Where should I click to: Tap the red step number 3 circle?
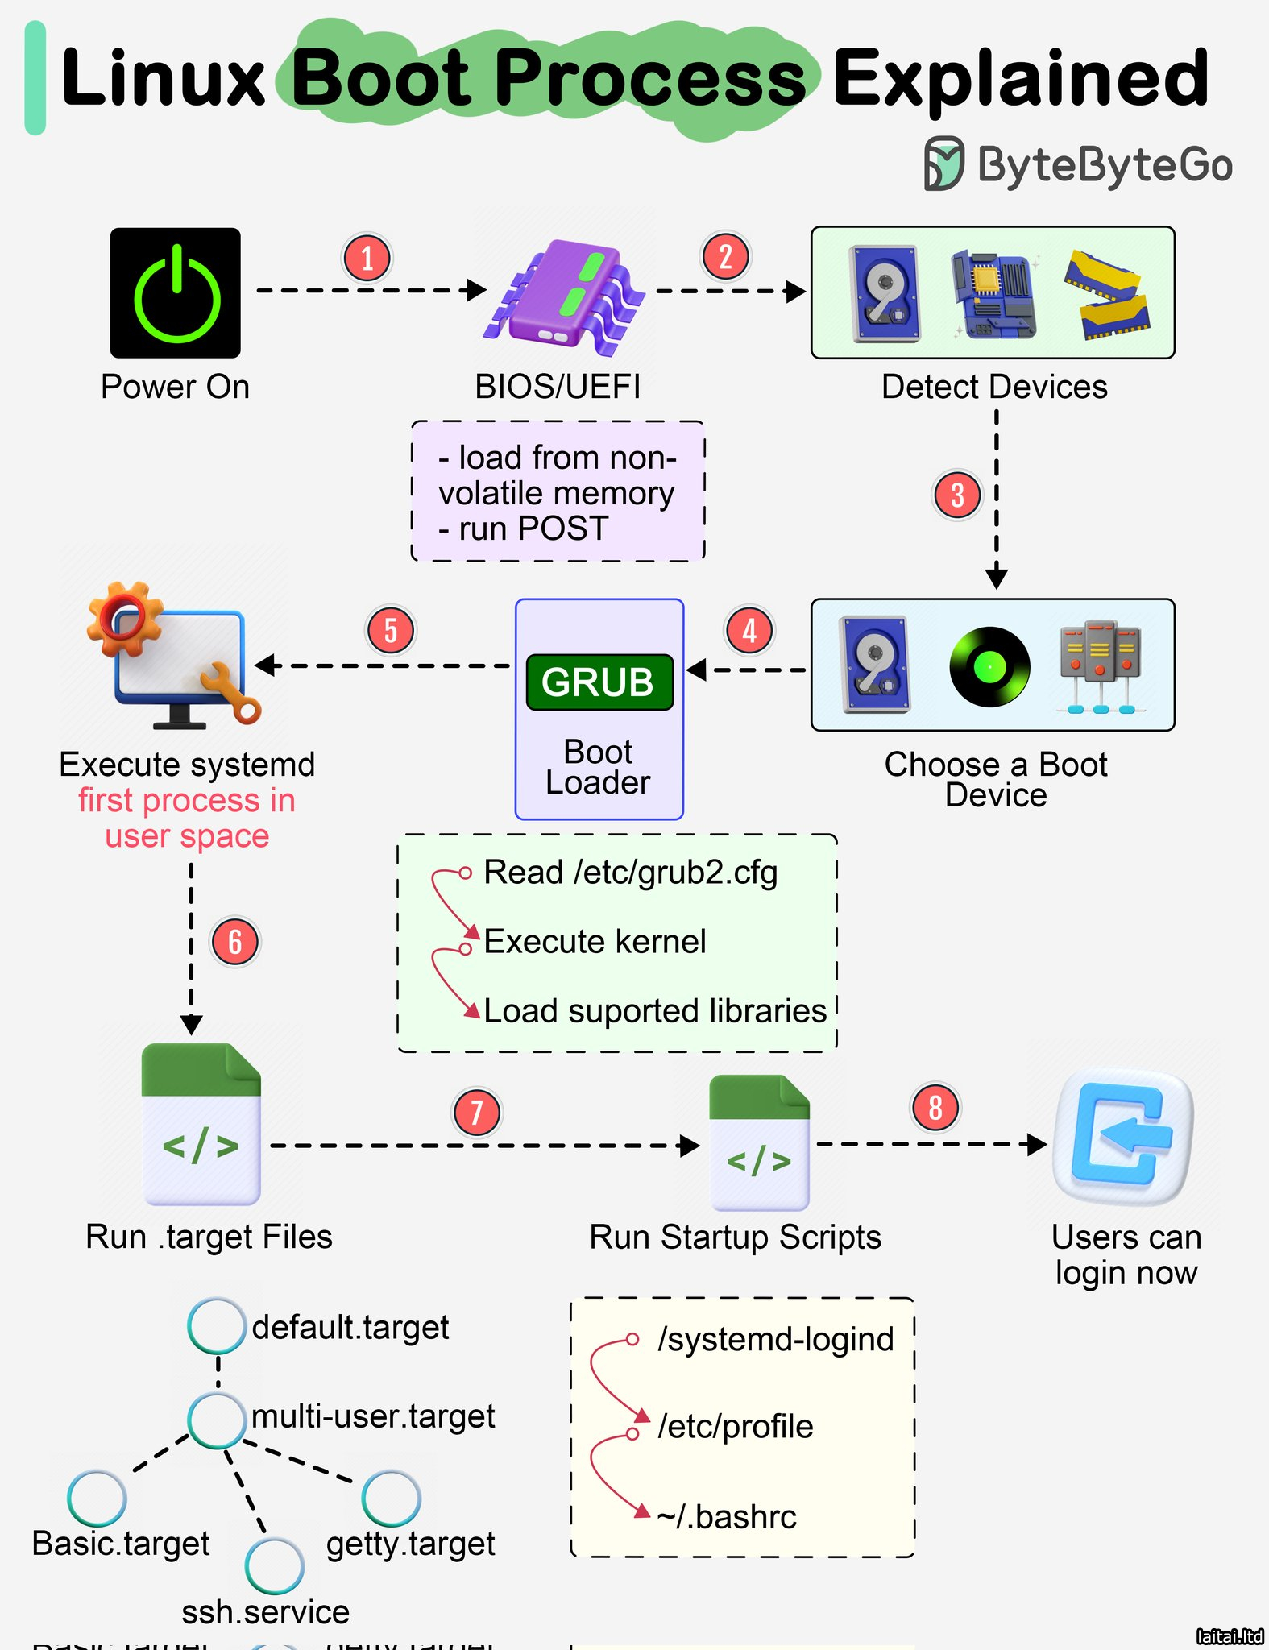(x=957, y=495)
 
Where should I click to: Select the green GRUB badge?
(x=599, y=682)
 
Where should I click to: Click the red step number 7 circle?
(x=476, y=1113)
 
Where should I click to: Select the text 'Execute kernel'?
(x=595, y=941)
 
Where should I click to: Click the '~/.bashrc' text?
(x=727, y=1517)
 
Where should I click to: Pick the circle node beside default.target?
(x=217, y=1325)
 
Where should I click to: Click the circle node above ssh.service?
(x=274, y=1566)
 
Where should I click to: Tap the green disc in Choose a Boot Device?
(x=989, y=666)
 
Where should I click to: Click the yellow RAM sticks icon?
(x=1106, y=295)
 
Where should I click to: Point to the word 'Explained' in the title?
(x=1020, y=77)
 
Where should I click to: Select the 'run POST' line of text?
(x=524, y=529)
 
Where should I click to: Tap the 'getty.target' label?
(x=410, y=1544)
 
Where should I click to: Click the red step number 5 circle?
(x=391, y=630)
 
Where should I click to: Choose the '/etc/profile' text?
(x=735, y=1427)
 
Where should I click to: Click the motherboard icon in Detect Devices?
(x=993, y=293)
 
